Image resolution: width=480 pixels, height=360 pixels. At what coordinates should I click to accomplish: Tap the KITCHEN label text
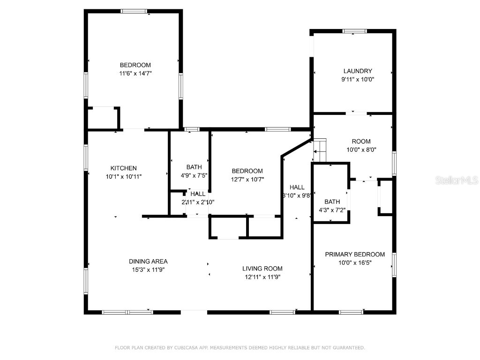(123, 168)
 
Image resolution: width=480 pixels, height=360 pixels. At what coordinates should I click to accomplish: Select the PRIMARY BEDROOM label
(355, 255)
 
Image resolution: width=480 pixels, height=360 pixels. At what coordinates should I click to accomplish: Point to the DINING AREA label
(148, 262)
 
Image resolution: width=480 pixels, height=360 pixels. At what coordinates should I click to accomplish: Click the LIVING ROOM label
(262, 269)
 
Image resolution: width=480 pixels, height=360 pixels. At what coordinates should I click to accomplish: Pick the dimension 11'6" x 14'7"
(135, 74)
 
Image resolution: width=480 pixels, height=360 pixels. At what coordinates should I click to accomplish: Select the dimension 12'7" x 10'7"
(247, 179)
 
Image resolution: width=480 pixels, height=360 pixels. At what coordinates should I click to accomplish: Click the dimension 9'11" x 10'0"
(358, 80)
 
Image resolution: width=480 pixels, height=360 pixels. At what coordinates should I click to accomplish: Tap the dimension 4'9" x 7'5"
(194, 175)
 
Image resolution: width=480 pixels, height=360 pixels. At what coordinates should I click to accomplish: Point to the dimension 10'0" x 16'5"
(355, 263)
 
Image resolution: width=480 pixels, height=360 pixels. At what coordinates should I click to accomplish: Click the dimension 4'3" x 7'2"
(332, 210)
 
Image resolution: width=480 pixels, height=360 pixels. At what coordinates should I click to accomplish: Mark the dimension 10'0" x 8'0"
(361, 150)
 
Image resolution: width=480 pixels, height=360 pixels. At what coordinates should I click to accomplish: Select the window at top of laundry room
(354, 31)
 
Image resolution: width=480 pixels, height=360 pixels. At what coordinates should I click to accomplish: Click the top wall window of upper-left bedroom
(134, 11)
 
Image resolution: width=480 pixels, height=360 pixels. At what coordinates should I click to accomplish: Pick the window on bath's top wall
(192, 129)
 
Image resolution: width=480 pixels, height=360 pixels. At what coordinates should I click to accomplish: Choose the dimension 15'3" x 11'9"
(148, 270)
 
